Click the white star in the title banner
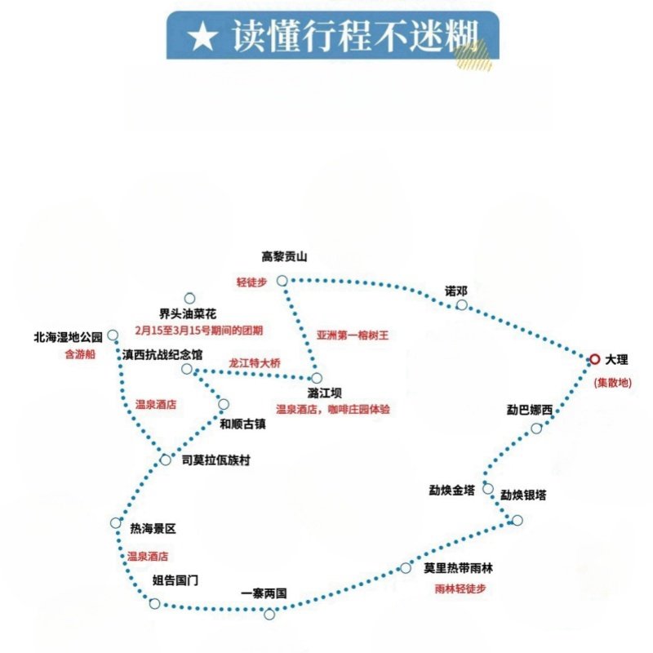click(202, 37)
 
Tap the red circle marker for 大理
click(595, 359)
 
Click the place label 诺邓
click(456, 291)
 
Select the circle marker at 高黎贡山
click(282, 281)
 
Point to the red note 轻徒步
click(251, 282)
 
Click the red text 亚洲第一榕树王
click(353, 335)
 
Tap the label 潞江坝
click(324, 393)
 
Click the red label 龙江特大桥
click(255, 362)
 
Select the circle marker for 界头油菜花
click(189, 298)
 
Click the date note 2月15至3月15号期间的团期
click(198, 331)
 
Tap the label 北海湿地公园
click(68, 337)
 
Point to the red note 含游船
click(80, 354)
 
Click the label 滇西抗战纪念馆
click(162, 354)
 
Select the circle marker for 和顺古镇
click(224, 404)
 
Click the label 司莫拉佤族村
click(215, 460)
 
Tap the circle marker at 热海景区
click(116, 522)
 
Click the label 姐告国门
click(175, 580)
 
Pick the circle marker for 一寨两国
click(269, 614)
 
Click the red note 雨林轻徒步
click(460, 589)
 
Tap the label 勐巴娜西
click(529, 410)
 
